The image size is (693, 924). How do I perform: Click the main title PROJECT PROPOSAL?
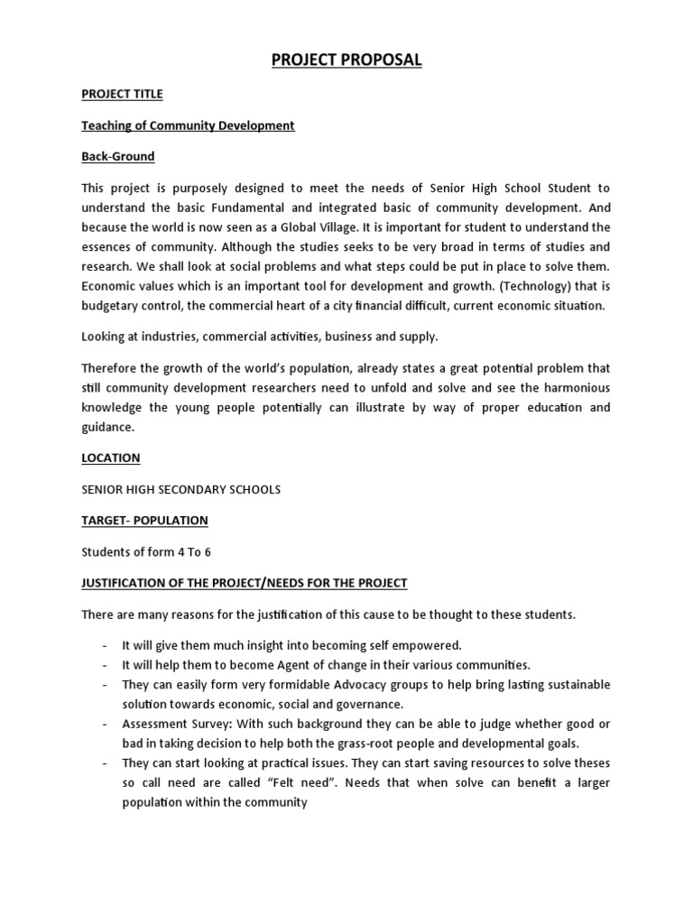(x=346, y=60)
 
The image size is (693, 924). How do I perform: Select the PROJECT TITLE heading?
(x=123, y=94)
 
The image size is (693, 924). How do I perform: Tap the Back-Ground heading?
(x=118, y=156)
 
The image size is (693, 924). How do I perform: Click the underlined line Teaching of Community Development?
(x=188, y=125)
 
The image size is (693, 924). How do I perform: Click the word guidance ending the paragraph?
(x=107, y=427)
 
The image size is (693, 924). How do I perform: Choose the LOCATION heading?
(x=111, y=457)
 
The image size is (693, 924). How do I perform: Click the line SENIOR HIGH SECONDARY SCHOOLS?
(x=181, y=489)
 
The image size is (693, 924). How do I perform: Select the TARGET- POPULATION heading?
(x=145, y=521)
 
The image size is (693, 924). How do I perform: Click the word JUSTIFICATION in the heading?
(x=124, y=583)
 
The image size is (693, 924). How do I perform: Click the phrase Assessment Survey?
(x=177, y=725)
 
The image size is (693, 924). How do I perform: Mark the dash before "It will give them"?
(x=105, y=645)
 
